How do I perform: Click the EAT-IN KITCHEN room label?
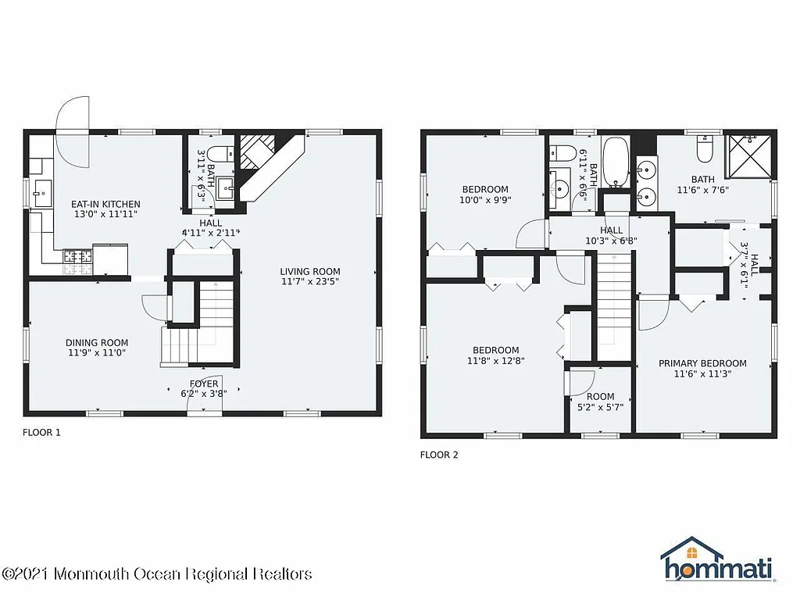106,205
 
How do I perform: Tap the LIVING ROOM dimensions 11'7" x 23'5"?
310,281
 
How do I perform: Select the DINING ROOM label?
96,342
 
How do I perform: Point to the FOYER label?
204,384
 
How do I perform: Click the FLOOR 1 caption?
41,431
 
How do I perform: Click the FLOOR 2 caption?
439,455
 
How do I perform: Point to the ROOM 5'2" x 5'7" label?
600,396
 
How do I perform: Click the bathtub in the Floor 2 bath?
616,163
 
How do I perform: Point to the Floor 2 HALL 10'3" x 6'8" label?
612,235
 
